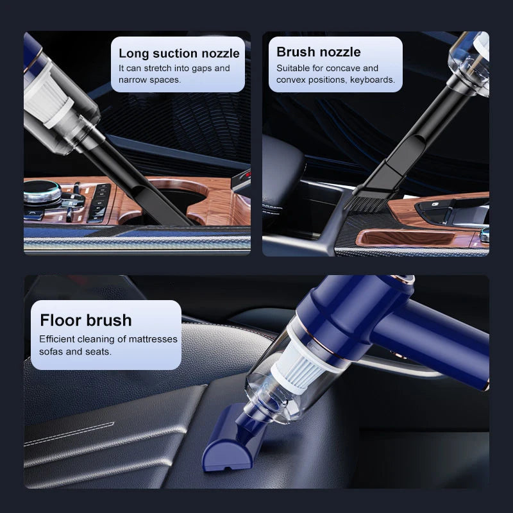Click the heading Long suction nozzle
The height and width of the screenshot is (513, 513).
click(179, 53)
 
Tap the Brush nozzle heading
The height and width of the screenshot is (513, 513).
click(318, 52)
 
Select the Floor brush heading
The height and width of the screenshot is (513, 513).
click(85, 320)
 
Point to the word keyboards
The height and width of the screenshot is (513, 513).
click(372, 80)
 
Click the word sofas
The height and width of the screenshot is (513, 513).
click(52, 352)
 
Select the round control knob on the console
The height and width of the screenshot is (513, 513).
click(42, 193)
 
